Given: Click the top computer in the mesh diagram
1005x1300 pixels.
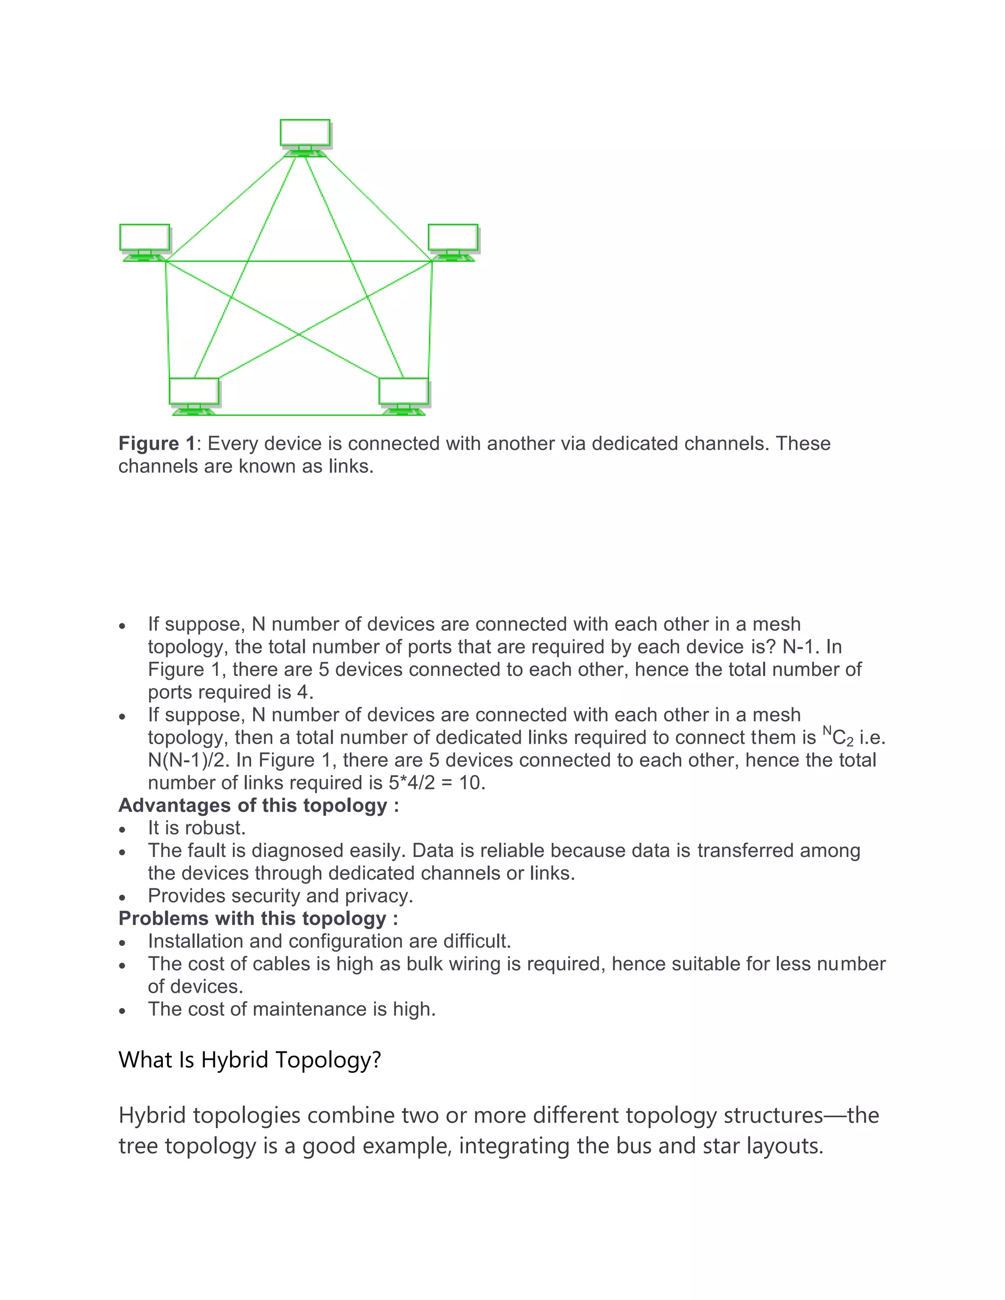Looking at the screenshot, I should (x=305, y=136).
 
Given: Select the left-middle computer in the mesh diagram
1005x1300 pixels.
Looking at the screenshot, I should (x=145, y=241).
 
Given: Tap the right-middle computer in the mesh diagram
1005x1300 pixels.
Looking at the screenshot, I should (x=453, y=241).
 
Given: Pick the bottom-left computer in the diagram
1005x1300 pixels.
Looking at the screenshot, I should (x=194, y=394).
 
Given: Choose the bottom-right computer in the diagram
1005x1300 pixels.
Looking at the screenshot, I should (x=404, y=394).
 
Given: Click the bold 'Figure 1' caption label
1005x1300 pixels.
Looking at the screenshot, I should (x=157, y=443).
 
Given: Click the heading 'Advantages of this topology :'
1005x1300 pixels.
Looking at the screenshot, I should (x=259, y=806).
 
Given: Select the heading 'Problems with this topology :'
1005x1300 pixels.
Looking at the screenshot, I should (x=258, y=918).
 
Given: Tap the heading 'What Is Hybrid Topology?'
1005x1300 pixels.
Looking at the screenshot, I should (x=249, y=1060).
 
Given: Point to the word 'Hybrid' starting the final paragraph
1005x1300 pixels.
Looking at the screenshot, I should (x=153, y=1116).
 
